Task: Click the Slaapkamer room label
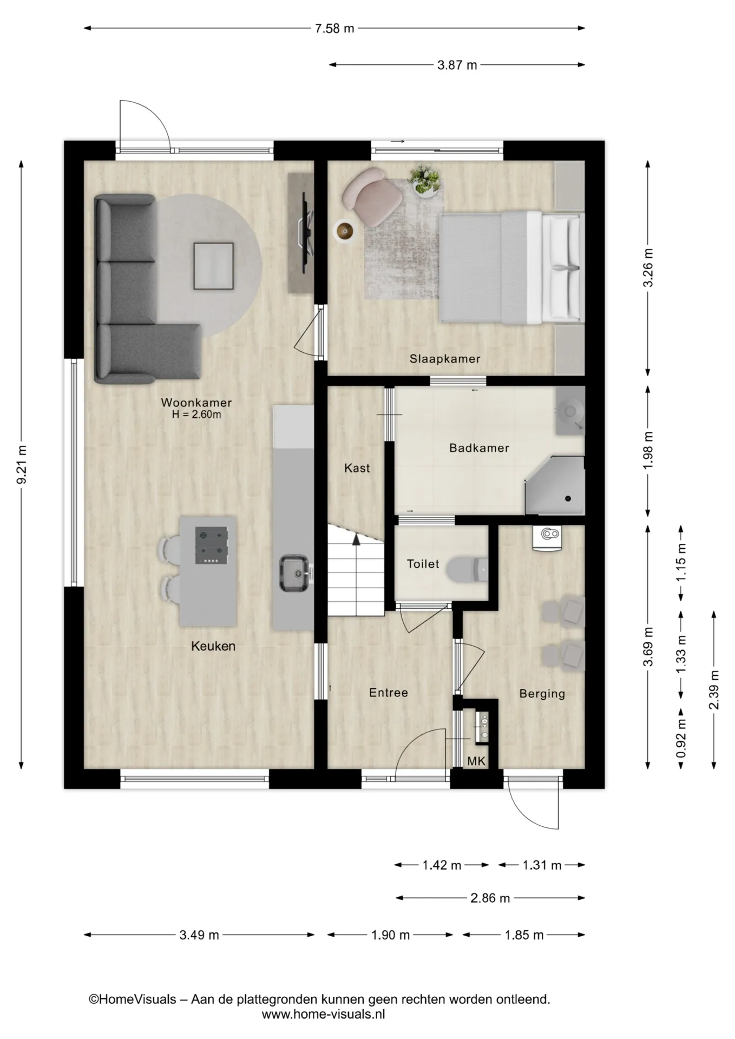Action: pyautogui.click(x=445, y=359)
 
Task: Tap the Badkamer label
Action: pyautogui.click(x=479, y=448)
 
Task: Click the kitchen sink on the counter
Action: pyautogui.click(x=294, y=573)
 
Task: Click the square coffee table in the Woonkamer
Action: pyautogui.click(x=214, y=266)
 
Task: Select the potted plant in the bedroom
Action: pyautogui.click(x=425, y=180)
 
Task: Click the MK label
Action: pyautogui.click(x=476, y=761)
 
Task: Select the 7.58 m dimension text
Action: pyautogui.click(x=334, y=29)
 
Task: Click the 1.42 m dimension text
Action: pyautogui.click(x=442, y=865)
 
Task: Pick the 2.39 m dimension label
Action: pyautogui.click(x=714, y=689)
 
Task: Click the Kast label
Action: pyautogui.click(x=357, y=468)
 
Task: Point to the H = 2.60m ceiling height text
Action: pyautogui.click(x=196, y=415)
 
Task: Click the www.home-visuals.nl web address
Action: pyautogui.click(x=324, y=1015)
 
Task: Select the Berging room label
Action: pyautogui.click(x=542, y=694)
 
